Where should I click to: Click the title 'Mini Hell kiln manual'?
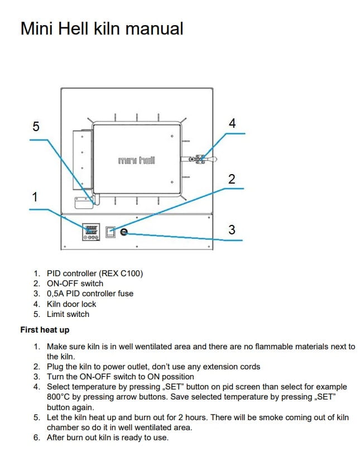[102, 28]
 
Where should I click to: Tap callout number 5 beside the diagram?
[36, 126]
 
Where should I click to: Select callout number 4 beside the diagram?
[232, 123]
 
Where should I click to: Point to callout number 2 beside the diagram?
[232, 179]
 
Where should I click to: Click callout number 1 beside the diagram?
[35, 196]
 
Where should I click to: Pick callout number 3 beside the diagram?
[232, 229]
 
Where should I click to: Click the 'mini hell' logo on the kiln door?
[137, 160]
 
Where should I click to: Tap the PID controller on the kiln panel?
[91, 232]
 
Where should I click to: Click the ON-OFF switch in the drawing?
[111, 232]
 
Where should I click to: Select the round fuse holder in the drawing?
[123, 232]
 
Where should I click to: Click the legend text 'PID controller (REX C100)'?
[95, 273]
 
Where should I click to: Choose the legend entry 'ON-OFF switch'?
[75, 283]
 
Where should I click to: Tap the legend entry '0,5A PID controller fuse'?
[90, 294]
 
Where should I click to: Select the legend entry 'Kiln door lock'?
[71, 304]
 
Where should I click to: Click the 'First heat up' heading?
[45, 330]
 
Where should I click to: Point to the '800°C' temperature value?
[60, 397]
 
